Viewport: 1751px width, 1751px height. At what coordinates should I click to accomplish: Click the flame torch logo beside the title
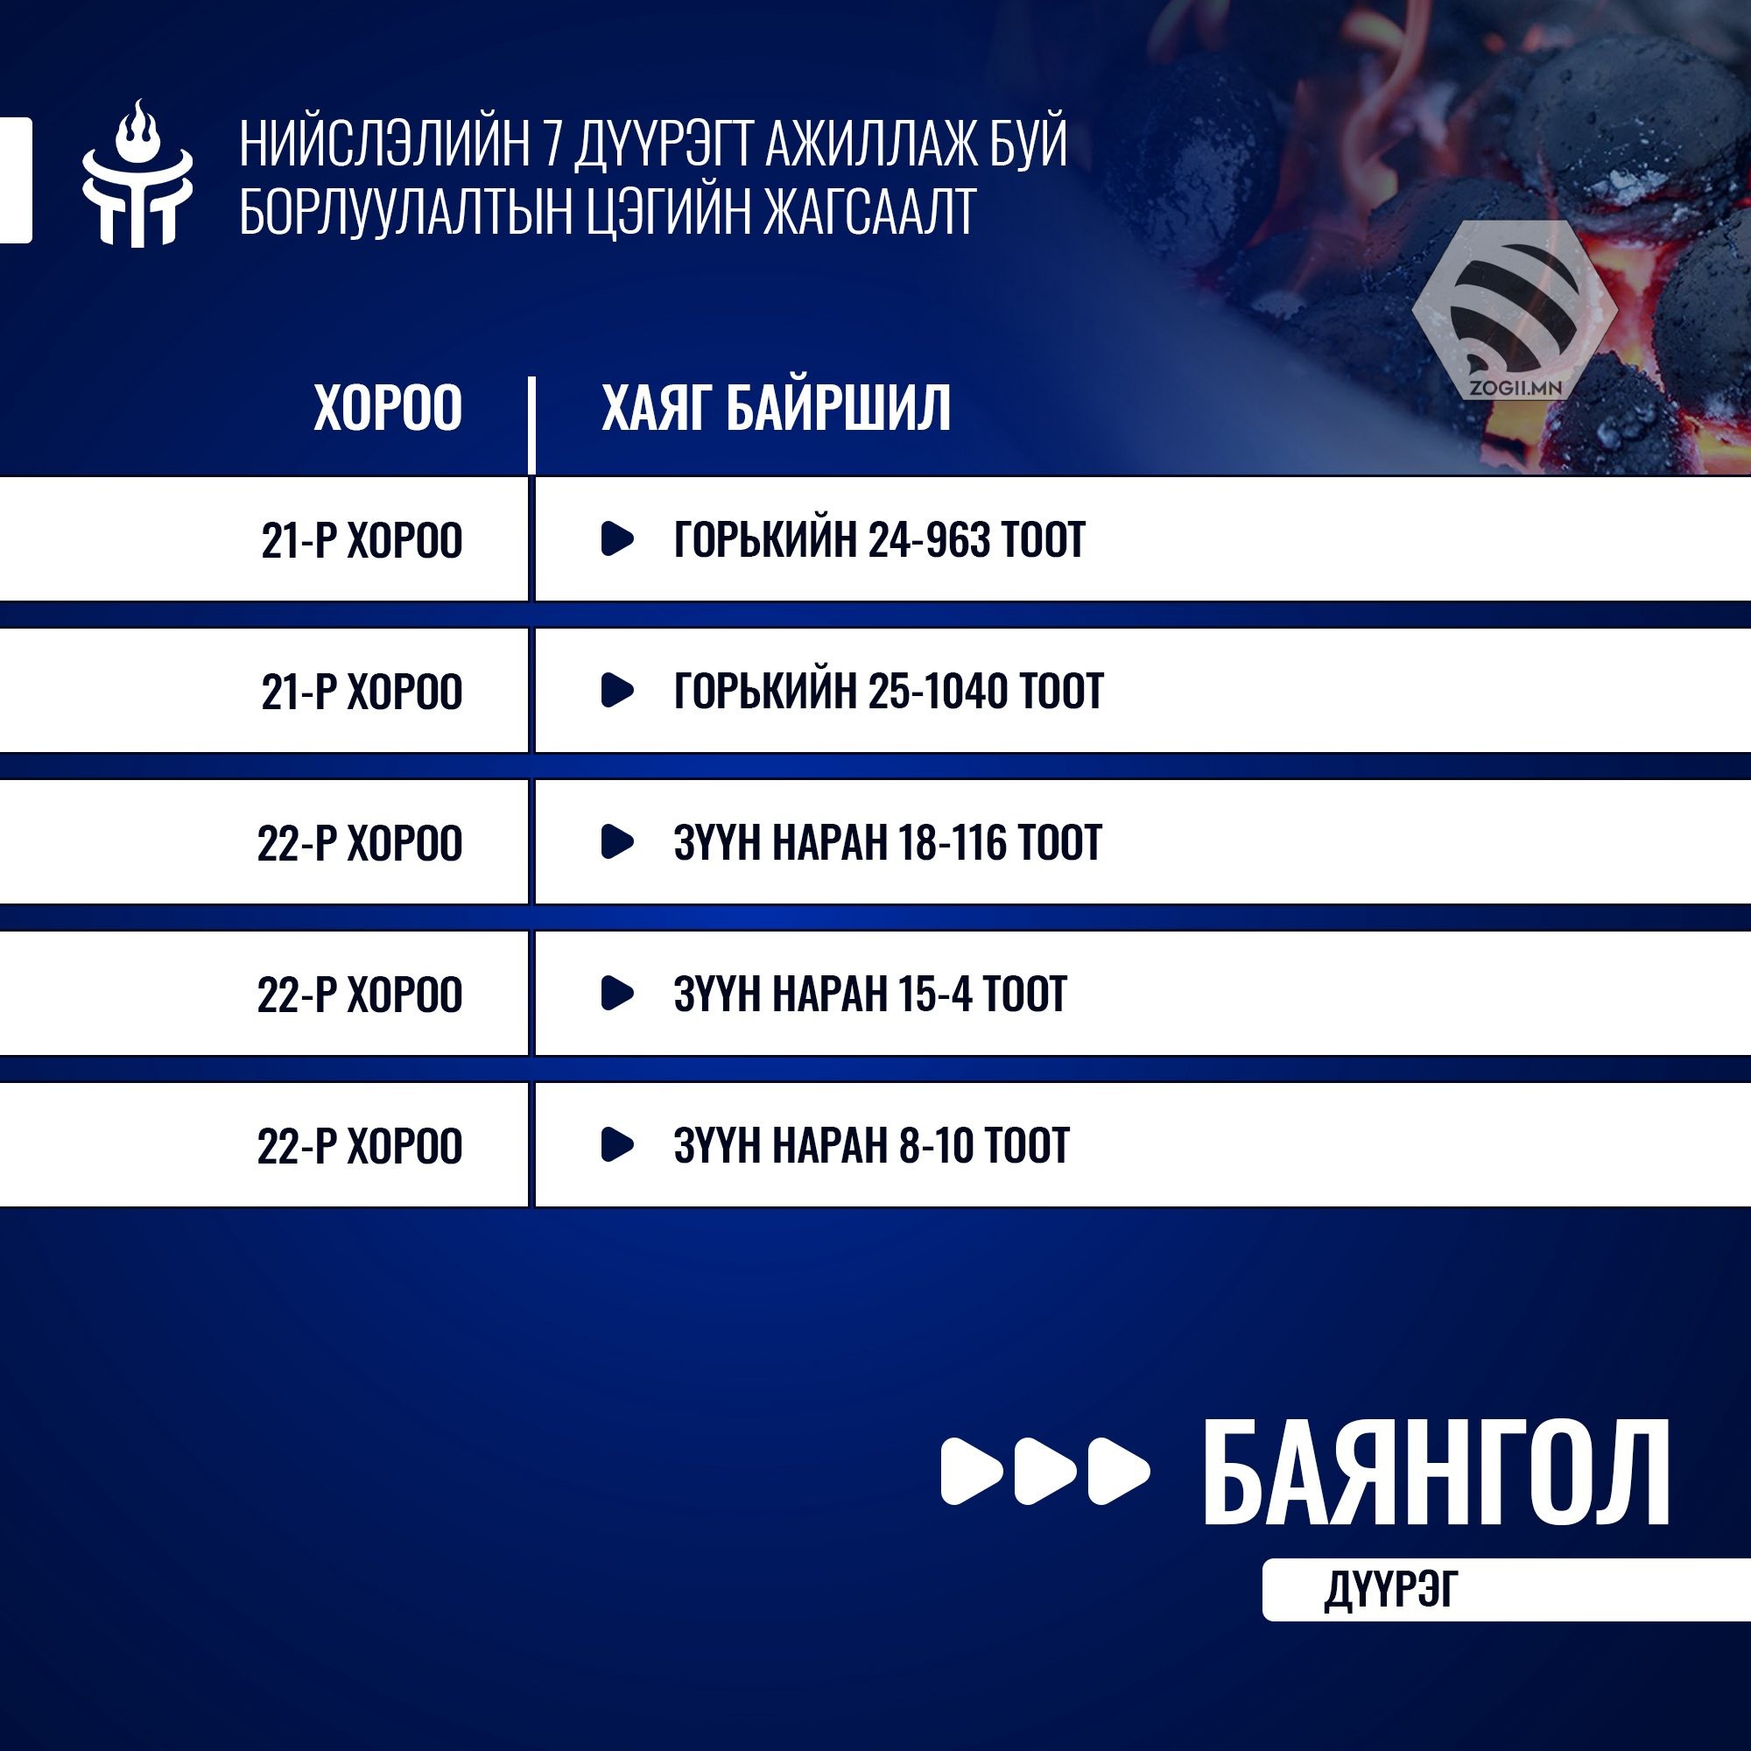point(137,173)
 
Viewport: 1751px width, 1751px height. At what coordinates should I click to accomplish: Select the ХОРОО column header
point(388,407)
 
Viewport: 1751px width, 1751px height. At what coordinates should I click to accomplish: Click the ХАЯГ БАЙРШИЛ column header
point(777,407)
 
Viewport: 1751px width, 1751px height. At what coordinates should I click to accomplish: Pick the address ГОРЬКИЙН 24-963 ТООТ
point(879,539)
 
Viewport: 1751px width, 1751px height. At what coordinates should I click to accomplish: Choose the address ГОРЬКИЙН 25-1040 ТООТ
point(888,691)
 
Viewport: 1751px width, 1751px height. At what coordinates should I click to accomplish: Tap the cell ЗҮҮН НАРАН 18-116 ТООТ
point(887,842)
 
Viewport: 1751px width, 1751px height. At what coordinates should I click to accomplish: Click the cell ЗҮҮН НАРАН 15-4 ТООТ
point(870,994)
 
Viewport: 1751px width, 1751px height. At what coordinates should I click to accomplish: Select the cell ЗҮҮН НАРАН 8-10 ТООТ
point(871,1144)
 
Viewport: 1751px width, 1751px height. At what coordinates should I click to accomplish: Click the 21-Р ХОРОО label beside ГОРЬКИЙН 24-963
point(362,540)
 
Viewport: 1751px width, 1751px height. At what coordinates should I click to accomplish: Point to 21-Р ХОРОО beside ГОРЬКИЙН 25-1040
point(362,692)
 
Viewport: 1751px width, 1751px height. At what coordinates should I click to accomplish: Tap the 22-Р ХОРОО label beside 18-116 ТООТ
point(360,843)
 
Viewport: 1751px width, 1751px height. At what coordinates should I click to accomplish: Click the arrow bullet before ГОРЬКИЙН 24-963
point(617,538)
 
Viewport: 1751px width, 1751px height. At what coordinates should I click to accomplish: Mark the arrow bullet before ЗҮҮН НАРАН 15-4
point(617,993)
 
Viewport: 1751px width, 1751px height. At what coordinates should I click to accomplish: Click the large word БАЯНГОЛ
point(1437,1473)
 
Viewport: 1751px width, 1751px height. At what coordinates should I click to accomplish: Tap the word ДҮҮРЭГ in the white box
point(1391,1590)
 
